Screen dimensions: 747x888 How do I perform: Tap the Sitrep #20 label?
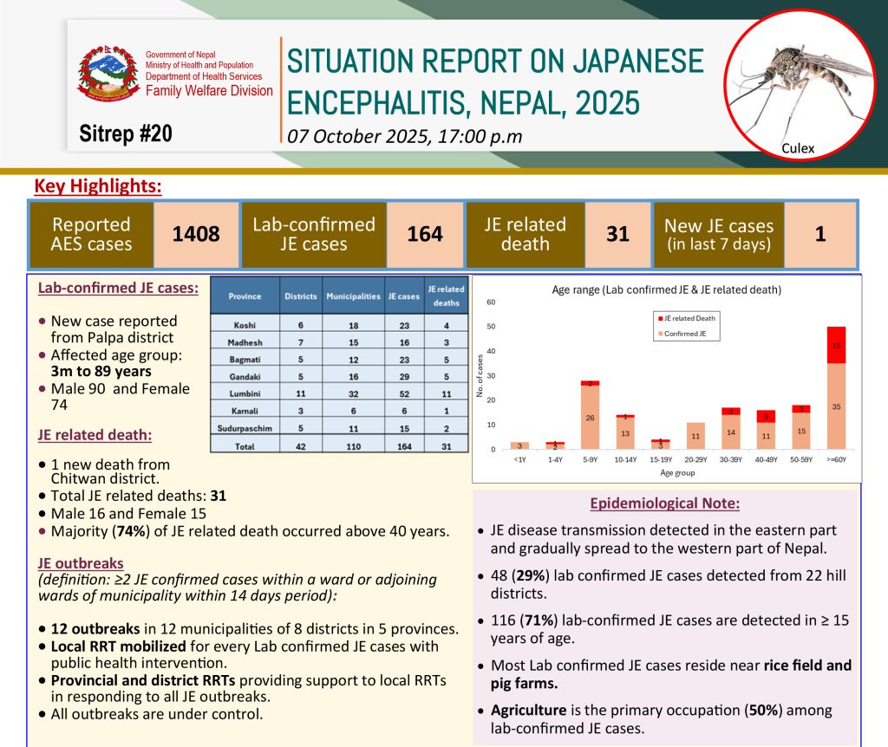pos(126,133)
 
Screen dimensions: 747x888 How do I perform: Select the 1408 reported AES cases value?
pos(196,234)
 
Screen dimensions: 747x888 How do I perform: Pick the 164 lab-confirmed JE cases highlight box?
pos(425,234)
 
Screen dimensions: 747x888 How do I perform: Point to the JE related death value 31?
pos(617,234)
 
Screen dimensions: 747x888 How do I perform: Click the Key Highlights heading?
pos(98,185)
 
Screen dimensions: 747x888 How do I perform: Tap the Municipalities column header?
pos(353,296)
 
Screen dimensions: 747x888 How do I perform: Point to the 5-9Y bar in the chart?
pos(591,414)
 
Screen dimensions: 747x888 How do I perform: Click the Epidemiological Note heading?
pos(664,503)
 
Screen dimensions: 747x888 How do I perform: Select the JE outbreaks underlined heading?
pos(81,562)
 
